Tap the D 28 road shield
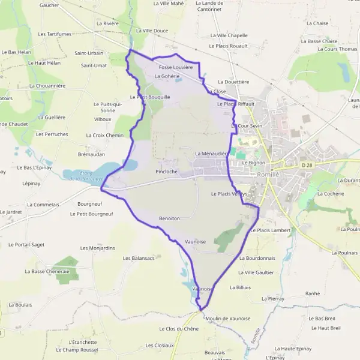[x=308, y=165]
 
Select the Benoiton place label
[x=169, y=218]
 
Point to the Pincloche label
[x=166, y=172]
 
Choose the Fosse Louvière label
[x=176, y=67]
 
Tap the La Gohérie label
[x=167, y=76]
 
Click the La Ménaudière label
[x=210, y=154]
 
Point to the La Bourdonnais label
[x=257, y=258]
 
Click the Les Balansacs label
[x=139, y=258]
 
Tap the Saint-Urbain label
[x=89, y=53]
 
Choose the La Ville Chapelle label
[x=227, y=35]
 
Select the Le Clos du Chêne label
[x=179, y=329]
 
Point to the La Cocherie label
[x=329, y=194]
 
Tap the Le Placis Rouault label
[x=228, y=46]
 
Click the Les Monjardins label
[x=97, y=248]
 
